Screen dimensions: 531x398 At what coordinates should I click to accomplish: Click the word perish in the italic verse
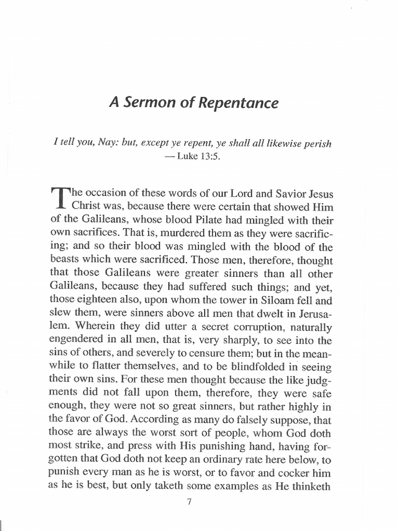click(318, 144)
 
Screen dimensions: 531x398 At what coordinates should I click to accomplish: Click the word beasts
click(65, 259)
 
